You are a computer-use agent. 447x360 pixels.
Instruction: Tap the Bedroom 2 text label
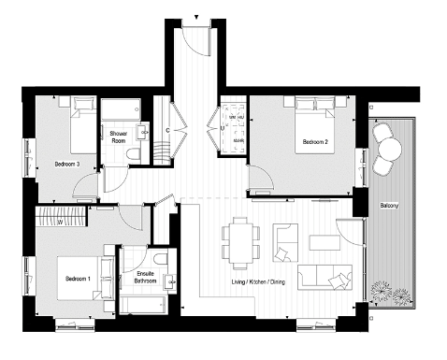[313, 143]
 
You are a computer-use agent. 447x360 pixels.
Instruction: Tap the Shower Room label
[118, 137]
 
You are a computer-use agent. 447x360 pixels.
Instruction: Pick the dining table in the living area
[240, 241]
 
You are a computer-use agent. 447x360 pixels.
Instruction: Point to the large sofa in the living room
[319, 277]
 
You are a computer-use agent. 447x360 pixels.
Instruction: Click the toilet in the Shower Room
[137, 149]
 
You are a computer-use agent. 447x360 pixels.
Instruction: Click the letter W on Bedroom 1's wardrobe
[59, 223]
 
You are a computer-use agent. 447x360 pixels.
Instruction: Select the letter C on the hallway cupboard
[167, 130]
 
